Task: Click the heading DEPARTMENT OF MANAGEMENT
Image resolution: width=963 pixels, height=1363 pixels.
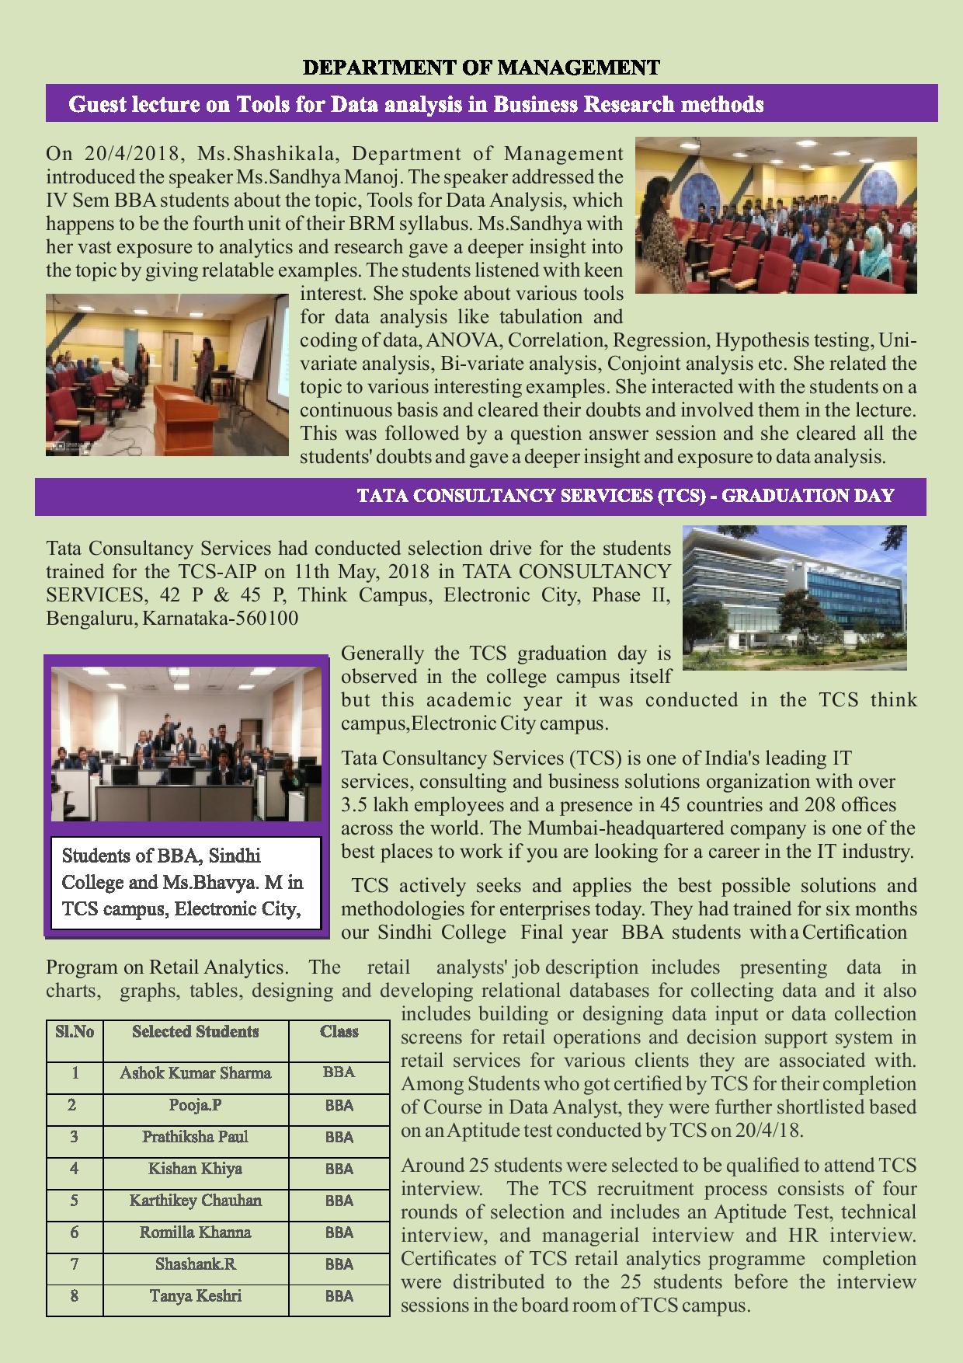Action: click(x=481, y=68)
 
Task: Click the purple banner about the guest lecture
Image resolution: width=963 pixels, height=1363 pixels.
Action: click(x=491, y=103)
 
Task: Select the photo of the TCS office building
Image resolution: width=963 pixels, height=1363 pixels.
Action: click(x=794, y=598)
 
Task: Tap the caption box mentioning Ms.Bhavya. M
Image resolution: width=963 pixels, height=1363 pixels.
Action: click(x=186, y=882)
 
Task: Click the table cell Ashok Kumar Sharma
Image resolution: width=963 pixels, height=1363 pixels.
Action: click(x=195, y=1073)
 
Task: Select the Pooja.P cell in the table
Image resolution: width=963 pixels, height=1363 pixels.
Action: click(x=195, y=1105)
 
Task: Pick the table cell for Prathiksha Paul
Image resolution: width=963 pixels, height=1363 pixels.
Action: click(x=195, y=1137)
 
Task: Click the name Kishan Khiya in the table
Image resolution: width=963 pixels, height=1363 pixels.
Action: click(x=195, y=1169)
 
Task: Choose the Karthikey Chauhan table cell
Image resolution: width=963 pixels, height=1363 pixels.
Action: click(x=195, y=1201)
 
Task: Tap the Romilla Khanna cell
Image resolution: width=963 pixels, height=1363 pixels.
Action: click(x=195, y=1232)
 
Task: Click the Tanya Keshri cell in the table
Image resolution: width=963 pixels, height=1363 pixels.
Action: click(x=195, y=1296)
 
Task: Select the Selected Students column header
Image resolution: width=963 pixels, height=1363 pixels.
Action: click(x=195, y=1032)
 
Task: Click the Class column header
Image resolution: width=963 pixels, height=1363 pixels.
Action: click(x=339, y=1032)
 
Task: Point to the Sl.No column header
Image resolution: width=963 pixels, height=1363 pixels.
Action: click(x=75, y=1032)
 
